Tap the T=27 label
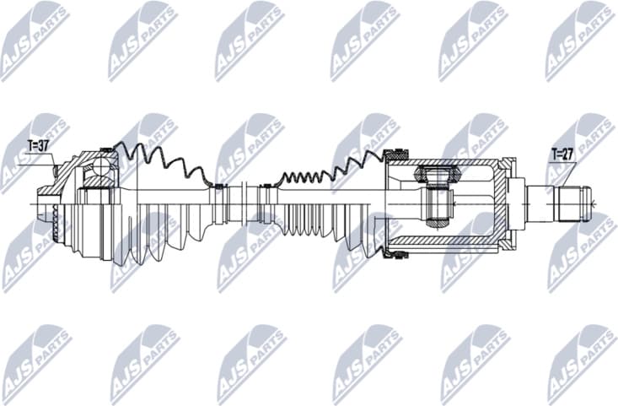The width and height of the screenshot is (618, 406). point(562,154)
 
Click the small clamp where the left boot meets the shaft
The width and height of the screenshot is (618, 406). point(217,187)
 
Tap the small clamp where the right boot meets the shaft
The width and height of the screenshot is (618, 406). point(266,187)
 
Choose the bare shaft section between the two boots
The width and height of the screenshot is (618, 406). point(241,202)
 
